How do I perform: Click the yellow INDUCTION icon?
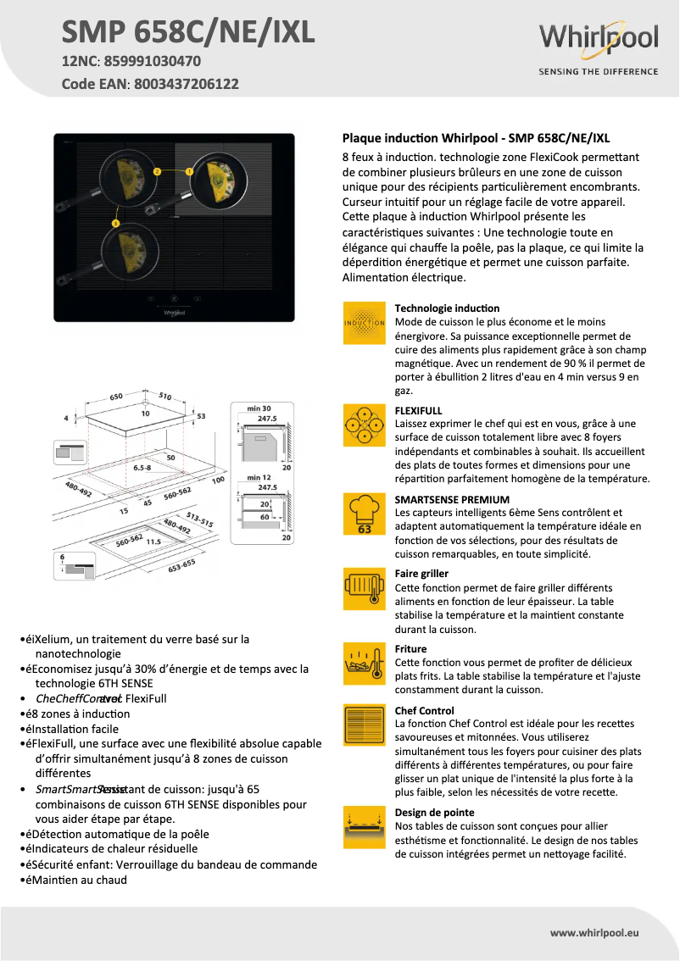click(x=365, y=322)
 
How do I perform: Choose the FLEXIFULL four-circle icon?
click(x=365, y=425)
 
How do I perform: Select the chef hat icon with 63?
click(x=365, y=515)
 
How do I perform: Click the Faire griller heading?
click(x=421, y=574)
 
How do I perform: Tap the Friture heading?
click(x=411, y=648)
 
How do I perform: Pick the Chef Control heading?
click(x=424, y=710)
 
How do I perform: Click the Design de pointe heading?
click(x=434, y=812)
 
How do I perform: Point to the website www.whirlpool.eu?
click(x=594, y=932)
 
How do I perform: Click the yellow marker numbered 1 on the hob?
click(x=189, y=170)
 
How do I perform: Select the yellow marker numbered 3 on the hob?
click(x=115, y=222)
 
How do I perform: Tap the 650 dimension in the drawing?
click(x=116, y=396)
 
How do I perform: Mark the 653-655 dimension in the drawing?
click(x=181, y=566)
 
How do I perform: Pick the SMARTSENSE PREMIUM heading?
click(x=452, y=499)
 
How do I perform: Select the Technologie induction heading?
click(x=447, y=308)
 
